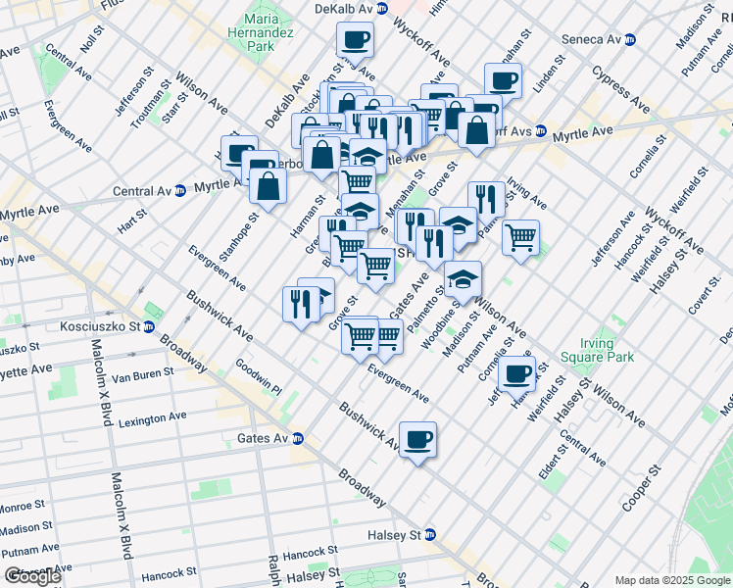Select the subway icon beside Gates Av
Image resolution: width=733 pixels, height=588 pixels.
coord(297,438)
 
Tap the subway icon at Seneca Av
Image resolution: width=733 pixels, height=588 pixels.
coord(632,40)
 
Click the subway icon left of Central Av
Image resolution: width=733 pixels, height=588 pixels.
coord(180,190)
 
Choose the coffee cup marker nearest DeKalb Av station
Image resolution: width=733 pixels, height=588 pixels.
coord(355,40)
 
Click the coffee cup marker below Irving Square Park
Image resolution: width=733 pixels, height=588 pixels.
coord(516,373)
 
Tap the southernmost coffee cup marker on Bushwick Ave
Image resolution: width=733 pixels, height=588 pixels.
coord(417,439)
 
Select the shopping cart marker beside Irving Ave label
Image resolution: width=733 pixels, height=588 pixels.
coord(520,236)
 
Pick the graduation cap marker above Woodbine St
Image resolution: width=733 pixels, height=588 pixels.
coord(463,279)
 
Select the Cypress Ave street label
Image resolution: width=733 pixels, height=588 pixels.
coord(620,89)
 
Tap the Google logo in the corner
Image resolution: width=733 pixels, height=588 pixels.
coord(32,576)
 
